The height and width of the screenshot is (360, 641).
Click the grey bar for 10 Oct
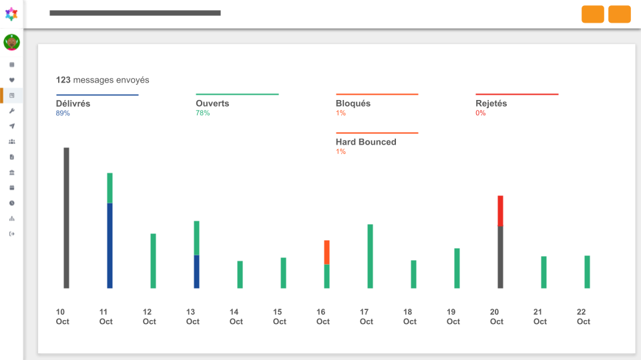[x=66, y=218]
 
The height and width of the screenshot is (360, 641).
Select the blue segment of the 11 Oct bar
[x=110, y=246]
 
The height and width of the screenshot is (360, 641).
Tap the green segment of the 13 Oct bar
[x=196, y=238]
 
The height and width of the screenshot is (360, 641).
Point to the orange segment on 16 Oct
[x=327, y=252]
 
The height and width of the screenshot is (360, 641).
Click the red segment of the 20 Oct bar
[x=500, y=211]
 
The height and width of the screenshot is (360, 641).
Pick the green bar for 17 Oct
[x=370, y=256]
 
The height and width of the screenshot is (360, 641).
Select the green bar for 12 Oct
[x=154, y=261]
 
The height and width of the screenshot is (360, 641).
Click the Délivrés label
[x=73, y=104]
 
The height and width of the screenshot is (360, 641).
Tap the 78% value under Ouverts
[x=203, y=113]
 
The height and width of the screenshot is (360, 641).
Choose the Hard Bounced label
[x=366, y=142]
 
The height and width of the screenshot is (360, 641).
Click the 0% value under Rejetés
[x=480, y=113]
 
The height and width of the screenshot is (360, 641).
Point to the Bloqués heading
[x=353, y=103]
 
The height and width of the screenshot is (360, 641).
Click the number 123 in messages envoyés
[x=63, y=80]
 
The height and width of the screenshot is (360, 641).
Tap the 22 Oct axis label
[x=584, y=317]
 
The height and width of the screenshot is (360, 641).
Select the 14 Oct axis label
[x=236, y=317]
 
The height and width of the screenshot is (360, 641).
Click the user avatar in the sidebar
[x=11, y=43]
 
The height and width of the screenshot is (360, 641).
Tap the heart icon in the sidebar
[x=12, y=80]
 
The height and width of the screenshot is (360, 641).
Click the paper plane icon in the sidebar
[x=12, y=126]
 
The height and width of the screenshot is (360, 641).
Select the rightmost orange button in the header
[x=620, y=14]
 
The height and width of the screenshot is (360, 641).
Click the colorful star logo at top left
[x=11, y=14]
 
